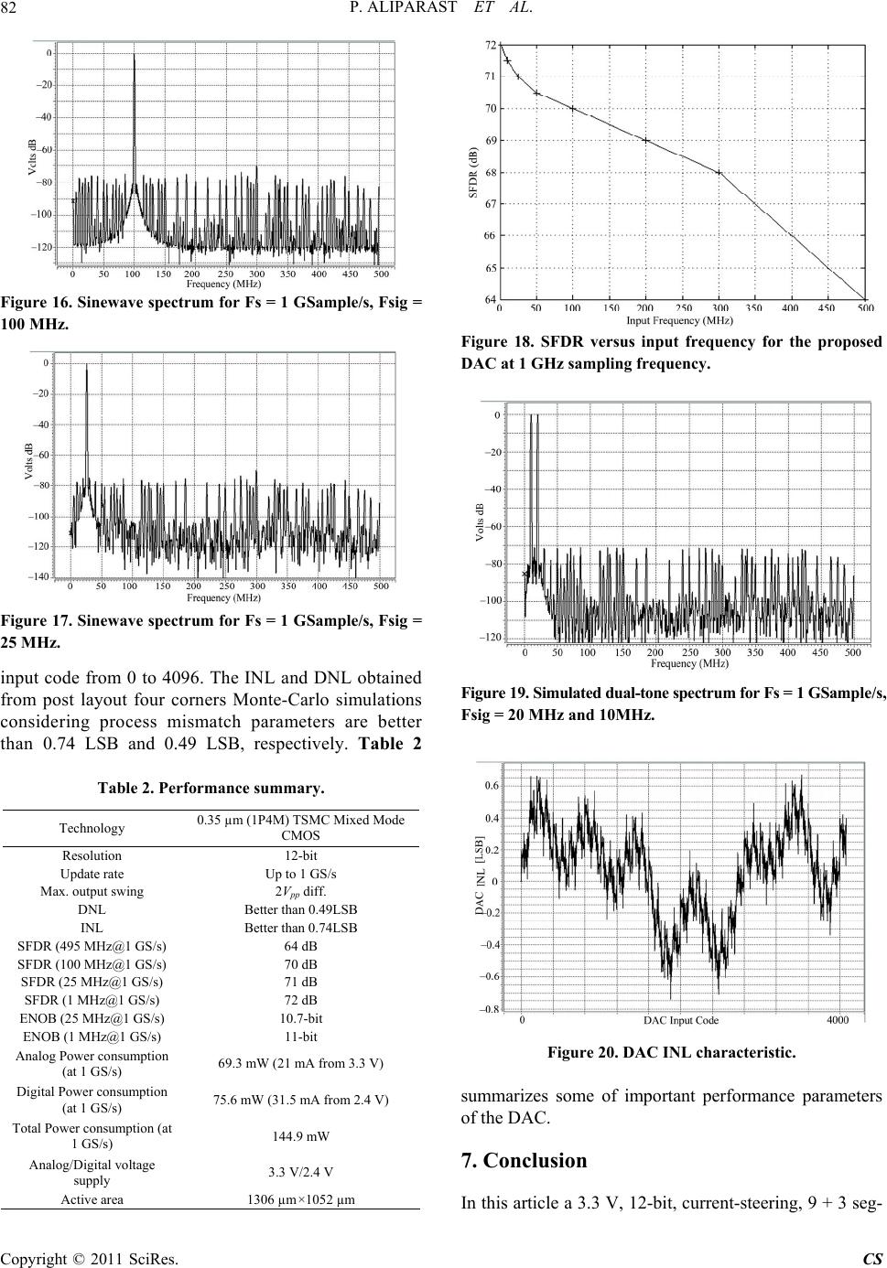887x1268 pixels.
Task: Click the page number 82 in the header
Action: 8,8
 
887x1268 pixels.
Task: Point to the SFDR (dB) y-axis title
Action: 473,172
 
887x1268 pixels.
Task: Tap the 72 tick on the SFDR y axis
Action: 490,44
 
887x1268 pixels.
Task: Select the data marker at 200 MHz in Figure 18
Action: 645,140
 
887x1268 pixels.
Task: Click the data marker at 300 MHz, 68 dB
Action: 719,173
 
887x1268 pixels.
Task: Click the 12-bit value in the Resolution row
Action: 301,855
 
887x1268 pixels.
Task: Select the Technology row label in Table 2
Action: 92,828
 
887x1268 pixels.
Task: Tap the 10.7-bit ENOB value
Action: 301,1018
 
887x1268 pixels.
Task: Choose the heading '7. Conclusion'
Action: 524,1160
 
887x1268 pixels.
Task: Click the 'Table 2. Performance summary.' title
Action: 211,788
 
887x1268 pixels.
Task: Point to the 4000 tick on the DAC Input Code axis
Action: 838,1020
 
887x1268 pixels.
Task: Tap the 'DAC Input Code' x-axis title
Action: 681,1021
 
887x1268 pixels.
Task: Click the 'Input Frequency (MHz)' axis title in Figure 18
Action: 680,320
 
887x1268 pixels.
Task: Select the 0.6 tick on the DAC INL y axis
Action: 492,786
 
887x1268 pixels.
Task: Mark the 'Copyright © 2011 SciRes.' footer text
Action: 90,1259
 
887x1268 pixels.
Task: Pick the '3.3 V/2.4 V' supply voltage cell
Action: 301,1172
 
